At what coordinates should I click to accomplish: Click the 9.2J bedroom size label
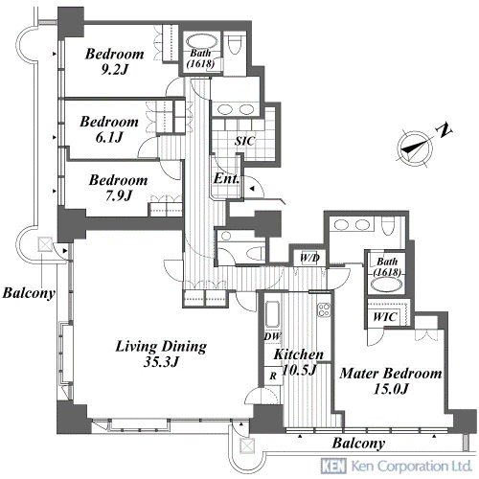point(115,61)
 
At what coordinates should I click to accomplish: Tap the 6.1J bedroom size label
point(109,129)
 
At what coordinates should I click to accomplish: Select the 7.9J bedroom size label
point(119,188)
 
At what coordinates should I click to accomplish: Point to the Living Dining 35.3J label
point(161,354)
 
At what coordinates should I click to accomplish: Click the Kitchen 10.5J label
point(299,362)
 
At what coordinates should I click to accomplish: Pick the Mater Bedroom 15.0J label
point(391,381)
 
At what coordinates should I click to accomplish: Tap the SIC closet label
point(245,141)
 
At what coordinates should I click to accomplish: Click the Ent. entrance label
point(226,178)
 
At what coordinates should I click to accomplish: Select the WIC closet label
point(385,317)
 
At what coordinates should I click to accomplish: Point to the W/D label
point(309,258)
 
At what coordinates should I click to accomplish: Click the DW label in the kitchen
point(272,336)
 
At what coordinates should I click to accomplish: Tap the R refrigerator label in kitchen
point(273,376)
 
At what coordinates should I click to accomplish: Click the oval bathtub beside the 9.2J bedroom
point(201,41)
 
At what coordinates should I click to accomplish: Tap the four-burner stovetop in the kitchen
point(324,309)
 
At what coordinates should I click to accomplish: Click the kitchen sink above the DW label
point(272,314)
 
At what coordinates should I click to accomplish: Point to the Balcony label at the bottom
point(358,444)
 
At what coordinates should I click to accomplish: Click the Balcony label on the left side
point(29,293)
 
